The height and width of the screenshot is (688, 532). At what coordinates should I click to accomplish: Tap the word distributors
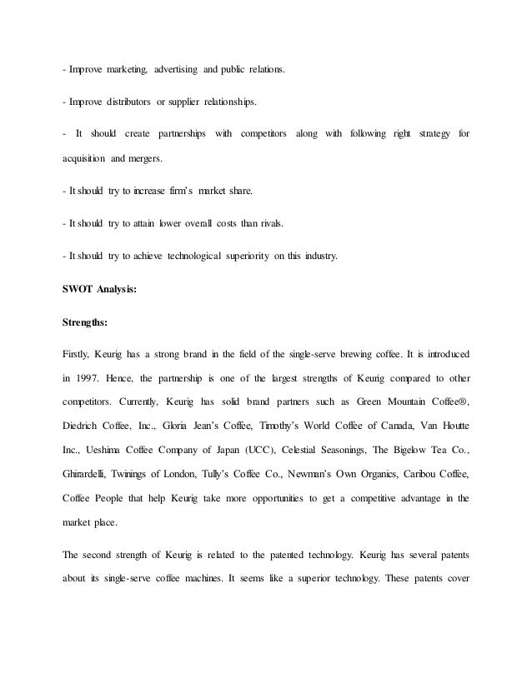coord(123,102)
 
